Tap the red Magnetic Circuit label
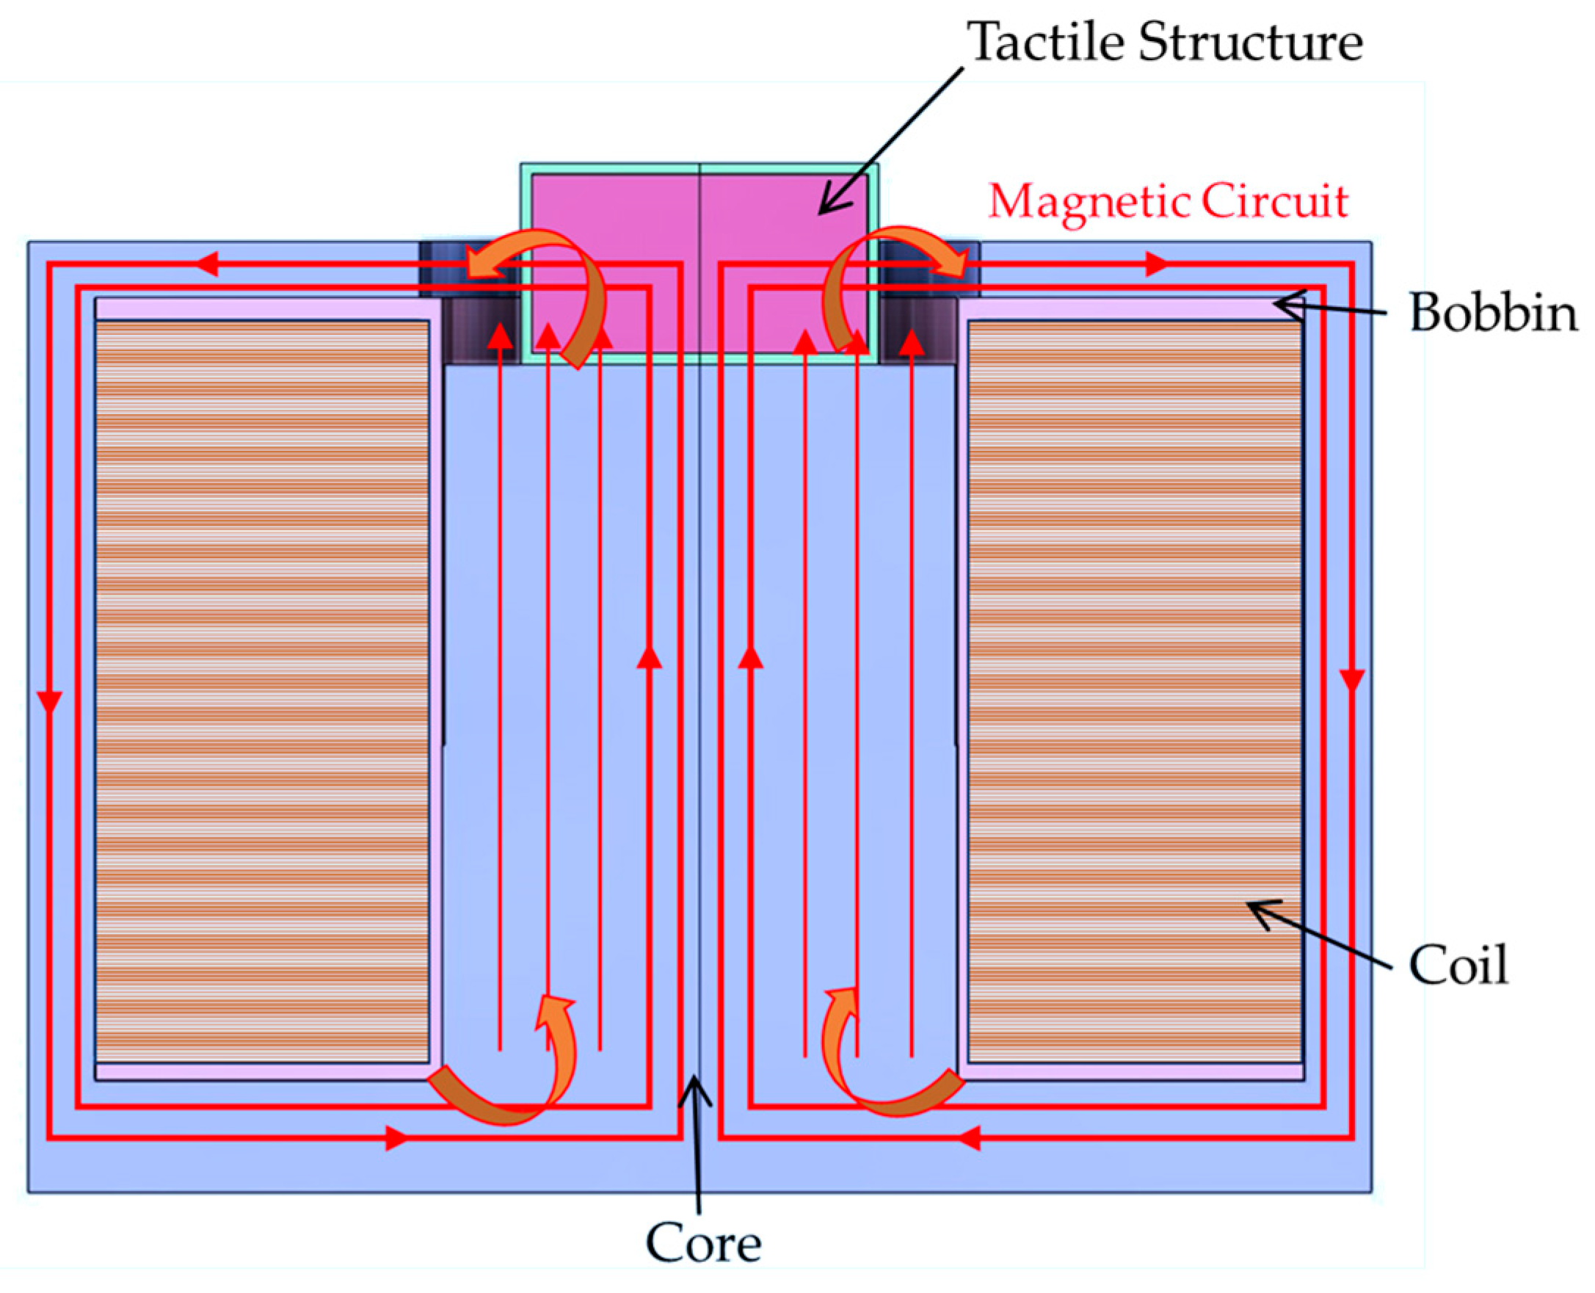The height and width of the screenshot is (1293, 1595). click(x=1169, y=201)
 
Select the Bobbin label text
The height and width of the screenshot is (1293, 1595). click(x=1492, y=313)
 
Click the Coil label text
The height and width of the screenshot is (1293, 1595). click(x=1458, y=966)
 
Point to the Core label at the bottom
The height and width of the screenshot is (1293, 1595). click(x=703, y=1242)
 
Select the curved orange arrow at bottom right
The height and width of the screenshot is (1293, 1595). click(x=879, y=1073)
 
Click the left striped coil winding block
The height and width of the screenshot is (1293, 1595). click(x=262, y=692)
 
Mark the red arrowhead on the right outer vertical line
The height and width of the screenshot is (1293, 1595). click(x=1351, y=679)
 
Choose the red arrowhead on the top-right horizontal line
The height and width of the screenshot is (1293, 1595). click(x=1156, y=264)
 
